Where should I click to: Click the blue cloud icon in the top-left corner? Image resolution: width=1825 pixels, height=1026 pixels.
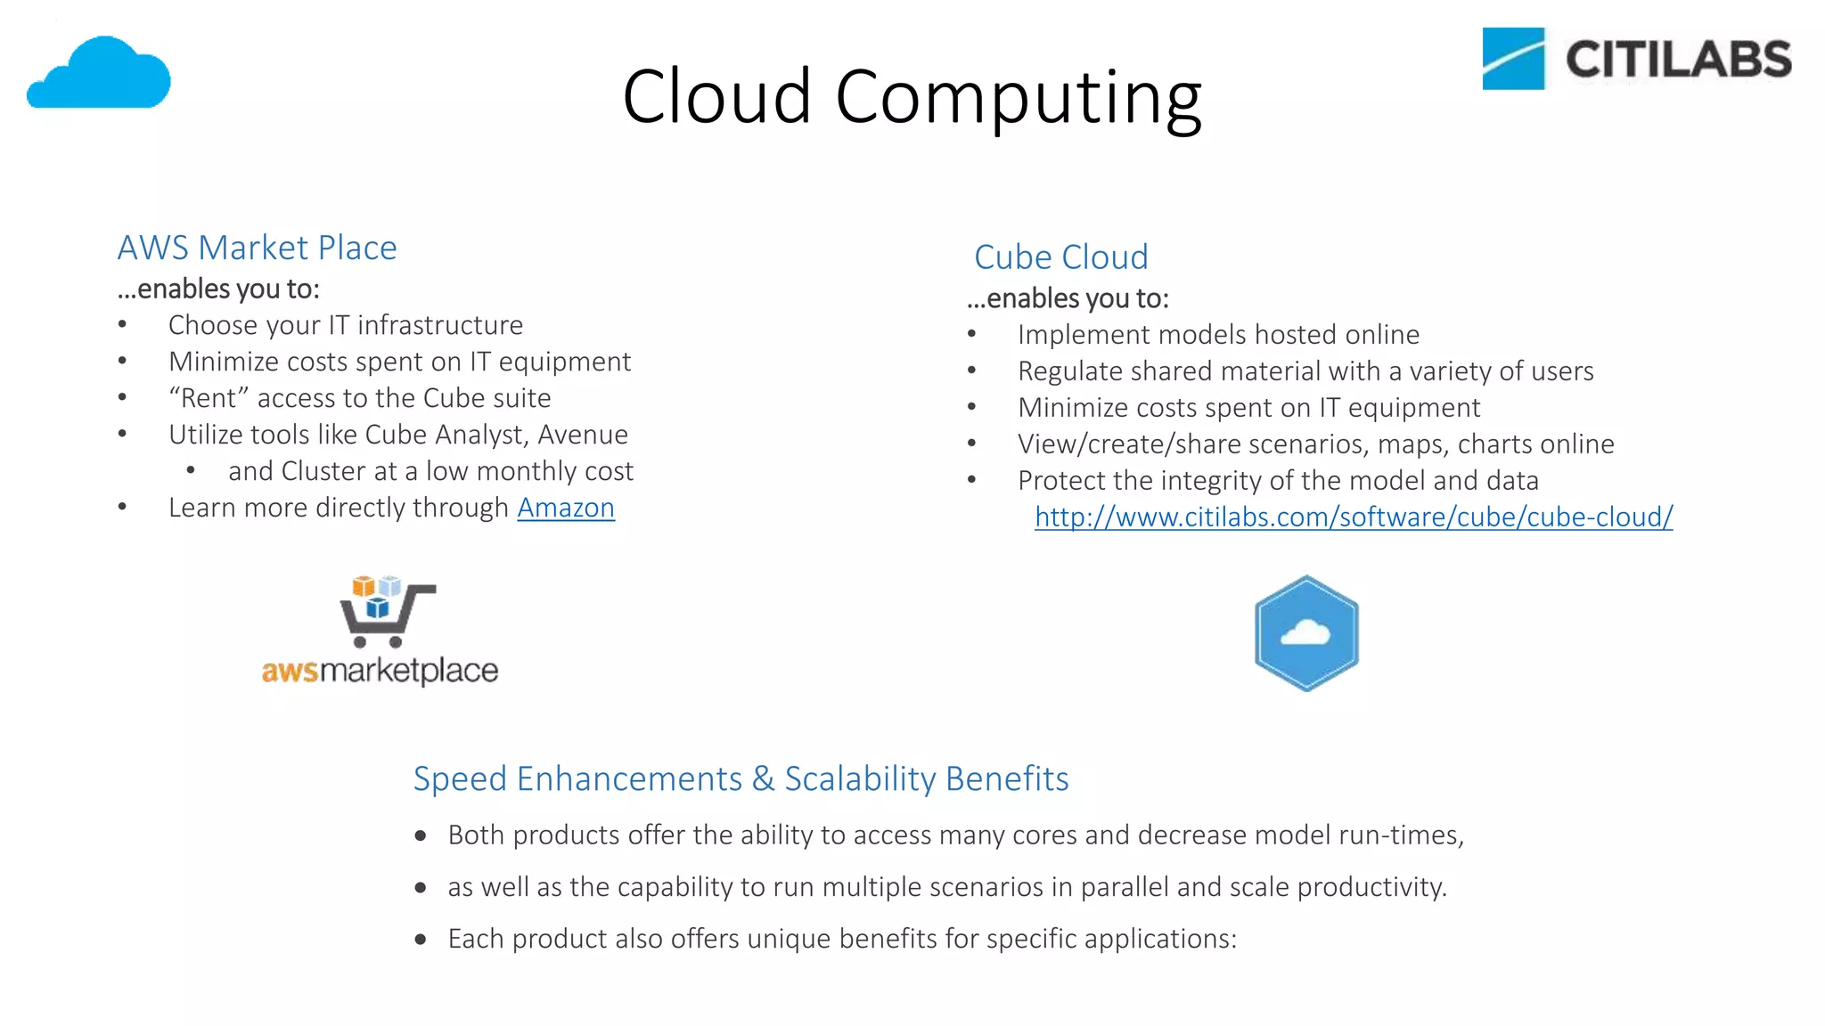click(99, 73)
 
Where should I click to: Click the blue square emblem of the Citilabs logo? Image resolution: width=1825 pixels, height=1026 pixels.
click(1512, 59)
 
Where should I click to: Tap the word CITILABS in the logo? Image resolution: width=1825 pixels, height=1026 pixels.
click(1678, 60)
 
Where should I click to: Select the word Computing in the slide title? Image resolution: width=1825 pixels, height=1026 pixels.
click(1018, 98)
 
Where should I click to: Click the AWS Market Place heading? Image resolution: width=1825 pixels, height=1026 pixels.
click(257, 248)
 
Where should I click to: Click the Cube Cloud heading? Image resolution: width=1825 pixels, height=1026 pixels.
click(1060, 257)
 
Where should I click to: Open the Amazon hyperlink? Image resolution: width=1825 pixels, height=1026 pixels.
click(566, 508)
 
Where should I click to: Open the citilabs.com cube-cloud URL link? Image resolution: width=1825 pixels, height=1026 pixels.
click(1353, 517)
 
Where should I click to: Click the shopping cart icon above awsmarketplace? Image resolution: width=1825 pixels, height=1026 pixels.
click(386, 612)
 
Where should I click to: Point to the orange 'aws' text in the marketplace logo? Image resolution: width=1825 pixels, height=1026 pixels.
click(290, 671)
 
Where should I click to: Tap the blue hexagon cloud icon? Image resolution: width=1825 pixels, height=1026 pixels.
click(1306, 633)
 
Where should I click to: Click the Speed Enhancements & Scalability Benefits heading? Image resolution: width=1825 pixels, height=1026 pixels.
click(741, 778)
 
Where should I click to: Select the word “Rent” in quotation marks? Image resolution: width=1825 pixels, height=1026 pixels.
click(208, 398)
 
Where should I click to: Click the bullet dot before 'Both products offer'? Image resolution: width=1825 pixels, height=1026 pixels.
click(421, 835)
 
